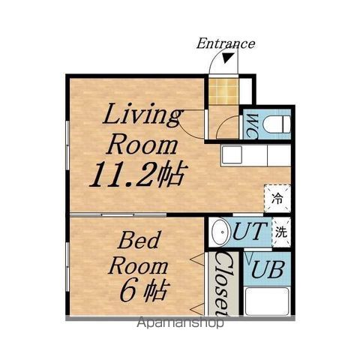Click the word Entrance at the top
[x=226, y=43]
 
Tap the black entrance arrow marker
[x=229, y=58]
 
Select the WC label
[x=253, y=126]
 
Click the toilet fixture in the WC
[x=277, y=124]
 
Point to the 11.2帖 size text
[x=138, y=174]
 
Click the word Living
[x=143, y=115]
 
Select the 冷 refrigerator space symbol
[x=277, y=199]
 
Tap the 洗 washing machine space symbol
[x=281, y=232]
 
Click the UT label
[x=249, y=232]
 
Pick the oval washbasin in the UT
[x=220, y=232]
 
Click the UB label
[x=268, y=269]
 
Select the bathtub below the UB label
[x=267, y=301]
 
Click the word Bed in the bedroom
[x=138, y=239]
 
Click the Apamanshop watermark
[x=181, y=322]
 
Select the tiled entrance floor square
[x=223, y=91]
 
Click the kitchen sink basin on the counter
[x=232, y=155]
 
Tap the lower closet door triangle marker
[x=197, y=310]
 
